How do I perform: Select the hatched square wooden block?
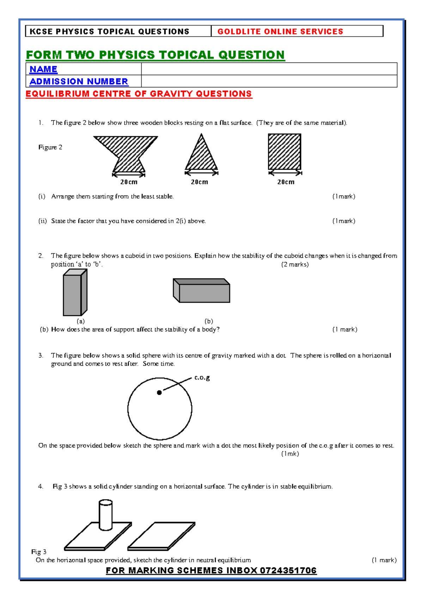point(284,152)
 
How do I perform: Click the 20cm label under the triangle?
point(200,182)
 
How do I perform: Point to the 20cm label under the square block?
point(286,182)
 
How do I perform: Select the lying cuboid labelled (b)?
point(202,291)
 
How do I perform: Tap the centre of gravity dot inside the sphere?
point(159,392)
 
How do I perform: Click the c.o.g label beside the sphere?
point(202,378)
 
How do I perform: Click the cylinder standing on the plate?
point(105,515)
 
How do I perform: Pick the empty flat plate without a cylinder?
point(161,536)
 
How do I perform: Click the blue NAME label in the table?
point(43,69)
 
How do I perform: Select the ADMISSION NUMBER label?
point(79,81)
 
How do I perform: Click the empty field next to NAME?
point(269,69)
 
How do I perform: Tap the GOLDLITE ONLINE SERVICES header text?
point(280,31)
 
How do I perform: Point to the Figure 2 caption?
point(50,147)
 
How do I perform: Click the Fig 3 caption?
point(39,551)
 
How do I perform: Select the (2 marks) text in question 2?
point(295,264)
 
